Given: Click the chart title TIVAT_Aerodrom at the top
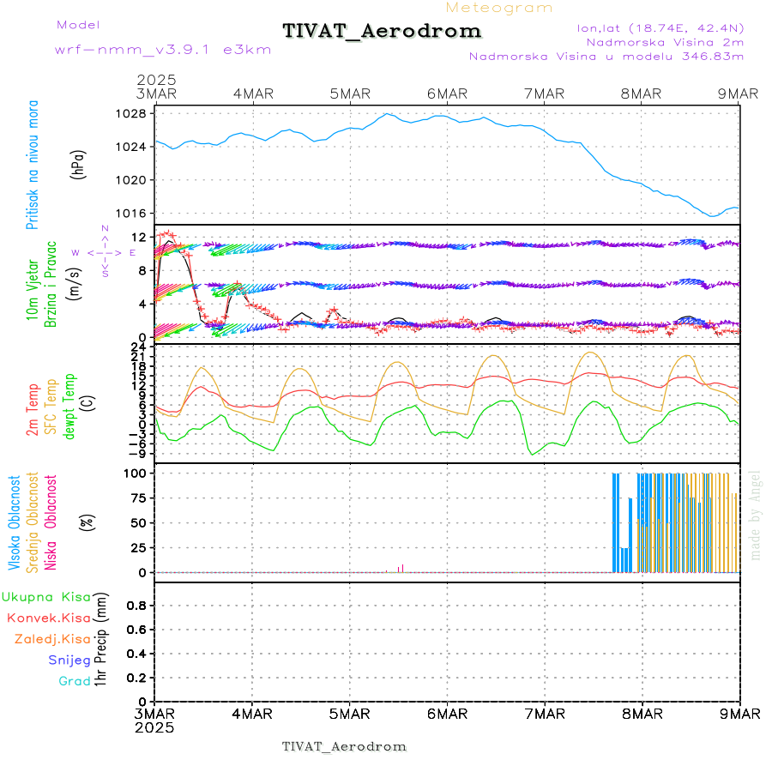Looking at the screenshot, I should click(x=382, y=32).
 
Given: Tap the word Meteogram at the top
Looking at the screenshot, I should click(x=500, y=8).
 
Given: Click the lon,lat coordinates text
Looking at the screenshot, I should click(x=660, y=27).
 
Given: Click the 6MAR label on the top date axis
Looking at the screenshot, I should click(x=447, y=93).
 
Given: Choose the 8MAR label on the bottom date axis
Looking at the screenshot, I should click(x=642, y=714).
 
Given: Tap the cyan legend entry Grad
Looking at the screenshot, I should click(x=75, y=681).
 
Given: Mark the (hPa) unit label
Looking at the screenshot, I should click(x=78, y=164).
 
